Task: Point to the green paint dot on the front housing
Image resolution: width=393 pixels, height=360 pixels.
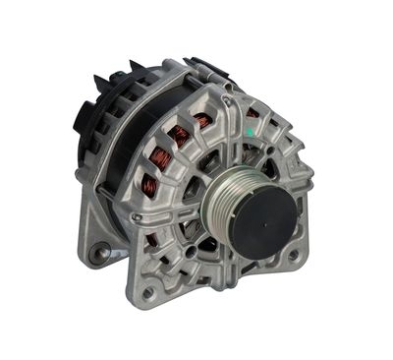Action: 253,115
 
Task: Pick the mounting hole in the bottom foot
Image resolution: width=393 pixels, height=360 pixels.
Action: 148,292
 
